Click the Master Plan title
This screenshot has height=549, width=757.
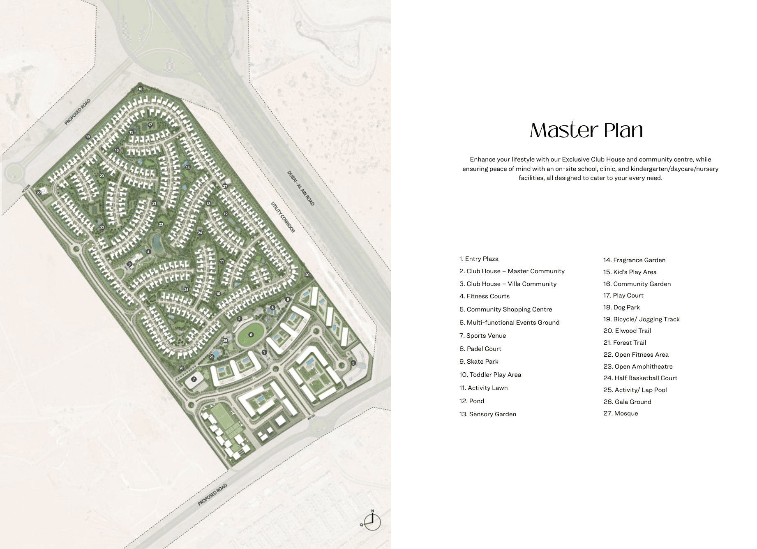coord(586,130)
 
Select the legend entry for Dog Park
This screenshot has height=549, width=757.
coord(621,307)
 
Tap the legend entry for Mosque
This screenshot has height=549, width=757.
coord(621,413)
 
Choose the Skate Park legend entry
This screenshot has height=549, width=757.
coord(479,362)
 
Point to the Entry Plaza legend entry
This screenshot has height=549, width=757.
coord(479,259)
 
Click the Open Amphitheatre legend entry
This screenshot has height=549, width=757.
coord(638,367)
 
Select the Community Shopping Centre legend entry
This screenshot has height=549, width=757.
coord(505,309)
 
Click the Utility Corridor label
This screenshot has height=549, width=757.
coord(283,217)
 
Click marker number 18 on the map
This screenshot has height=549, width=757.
coord(140,89)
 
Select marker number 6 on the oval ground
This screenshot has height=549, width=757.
coord(251,335)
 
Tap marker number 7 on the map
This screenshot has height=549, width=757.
coord(194,379)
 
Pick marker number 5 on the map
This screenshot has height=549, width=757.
coord(353,363)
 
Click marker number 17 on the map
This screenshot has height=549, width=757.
coord(150,125)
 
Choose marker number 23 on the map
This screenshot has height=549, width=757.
coord(161,224)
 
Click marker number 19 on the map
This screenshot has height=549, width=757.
coord(88,137)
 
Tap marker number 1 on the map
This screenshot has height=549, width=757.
coord(264,352)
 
